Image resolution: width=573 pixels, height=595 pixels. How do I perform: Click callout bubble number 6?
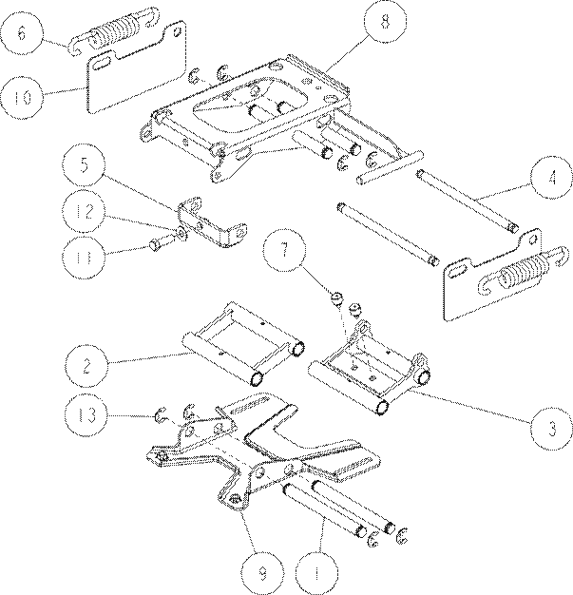[x=22, y=33]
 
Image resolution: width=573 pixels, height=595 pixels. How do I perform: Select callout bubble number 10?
[x=22, y=98]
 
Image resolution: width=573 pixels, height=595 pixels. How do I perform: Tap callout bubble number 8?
[x=385, y=22]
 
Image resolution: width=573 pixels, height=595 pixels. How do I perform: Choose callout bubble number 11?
[x=85, y=257]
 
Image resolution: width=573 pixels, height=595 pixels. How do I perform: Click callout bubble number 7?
[x=285, y=250]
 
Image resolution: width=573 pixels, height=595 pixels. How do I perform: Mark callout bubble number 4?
[x=552, y=177]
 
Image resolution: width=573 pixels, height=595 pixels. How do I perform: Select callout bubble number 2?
[x=86, y=365]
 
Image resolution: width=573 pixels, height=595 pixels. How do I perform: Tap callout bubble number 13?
[x=86, y=415]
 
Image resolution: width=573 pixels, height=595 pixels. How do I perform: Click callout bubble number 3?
[x=552, y=428]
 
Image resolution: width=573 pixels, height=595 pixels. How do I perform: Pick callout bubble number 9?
[x=262, y=572]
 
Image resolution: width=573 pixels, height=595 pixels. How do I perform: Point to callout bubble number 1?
[x=316, y=572]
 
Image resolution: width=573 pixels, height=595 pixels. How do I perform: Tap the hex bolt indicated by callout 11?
[x=160, y=243]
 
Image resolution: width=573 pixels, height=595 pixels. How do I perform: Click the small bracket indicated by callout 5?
[x=212, y=222]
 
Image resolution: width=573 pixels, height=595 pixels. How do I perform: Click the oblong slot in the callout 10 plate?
[x=102, y=63]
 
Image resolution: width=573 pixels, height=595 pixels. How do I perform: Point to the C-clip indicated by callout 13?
[x=161, y=414]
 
